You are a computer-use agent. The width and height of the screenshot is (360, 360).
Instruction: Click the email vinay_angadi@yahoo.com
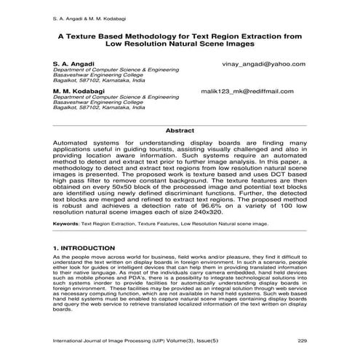pyautogui.click(x=263, y=64)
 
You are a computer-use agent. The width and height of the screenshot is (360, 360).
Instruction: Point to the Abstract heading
pyautogui.click(x=180, y=130)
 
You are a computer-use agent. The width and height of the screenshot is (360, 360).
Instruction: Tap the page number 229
pyautogui.click(x=312, y=340)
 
